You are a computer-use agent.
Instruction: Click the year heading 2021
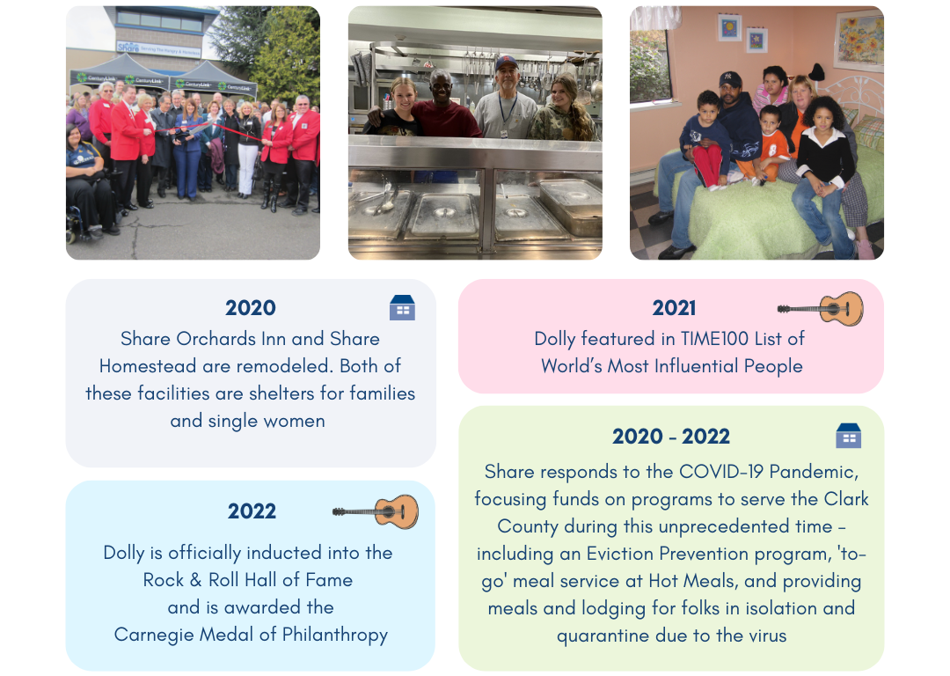click(x=674, y=308)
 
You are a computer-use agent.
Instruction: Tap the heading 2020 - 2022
click(x=670, y=437)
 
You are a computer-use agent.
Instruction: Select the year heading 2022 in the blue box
click(x=252, y=511)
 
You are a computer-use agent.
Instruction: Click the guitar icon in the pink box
click(x=821, y=309)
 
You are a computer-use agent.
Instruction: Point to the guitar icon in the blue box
click(x=376, y=511)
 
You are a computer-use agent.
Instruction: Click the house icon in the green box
click(x=848, y=436)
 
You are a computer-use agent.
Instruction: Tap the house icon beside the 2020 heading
click(x=402, y=307)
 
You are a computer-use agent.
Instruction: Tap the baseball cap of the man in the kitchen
click(x=506, y=62)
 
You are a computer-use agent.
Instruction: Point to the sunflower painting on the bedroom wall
click(x=858, y=40)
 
